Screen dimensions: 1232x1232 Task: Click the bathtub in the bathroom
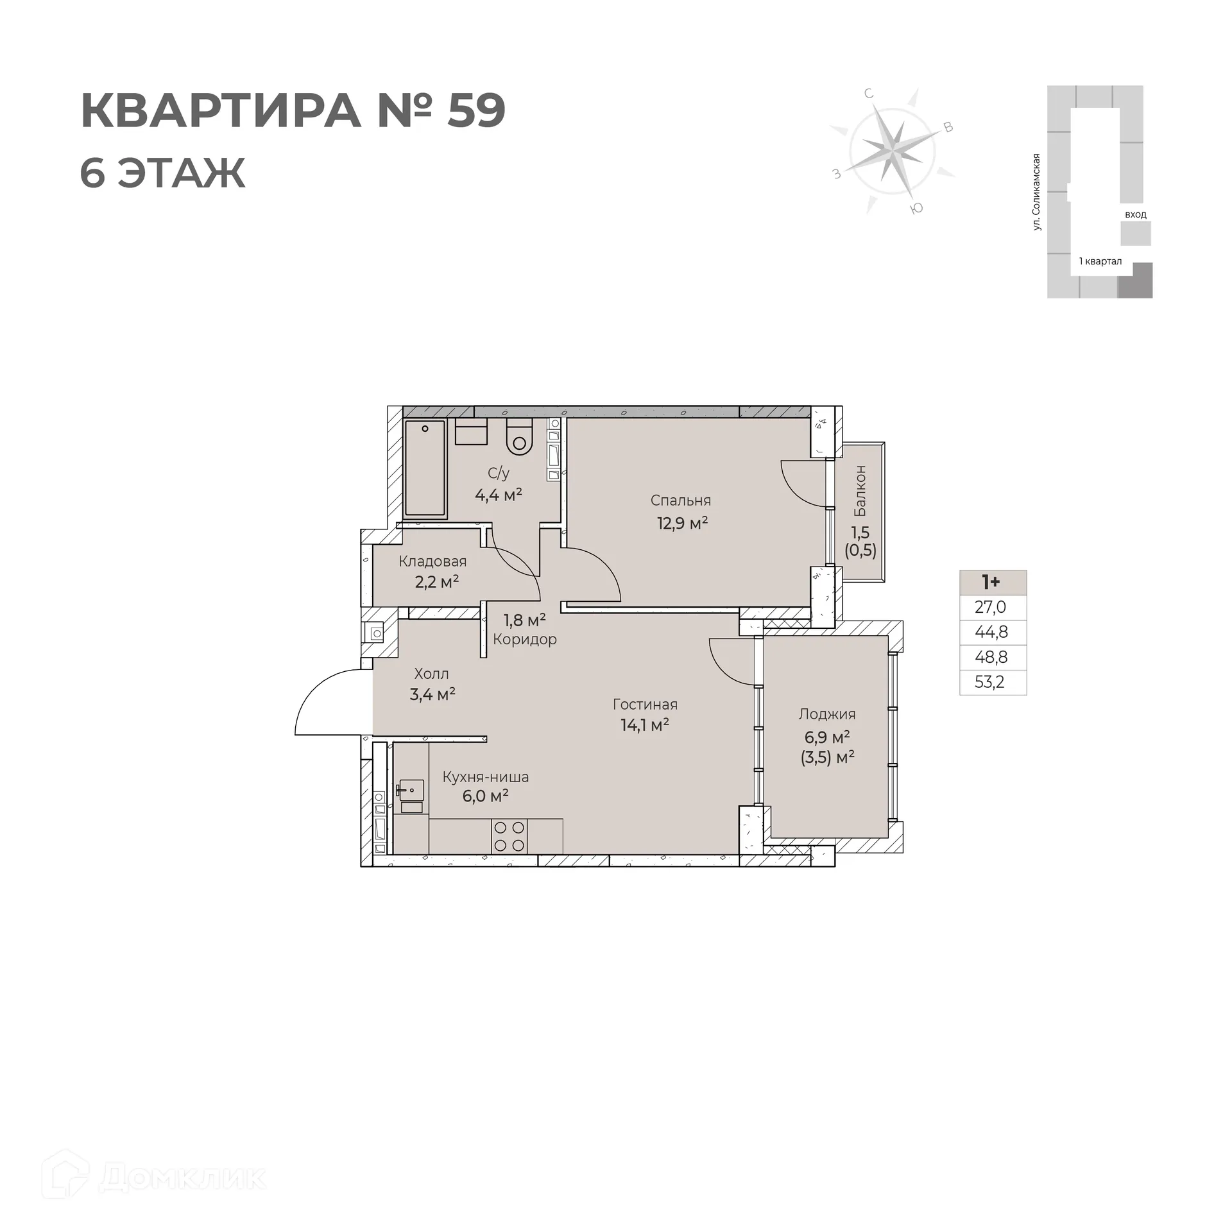click(x=425, y=468)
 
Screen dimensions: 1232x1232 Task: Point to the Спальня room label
click(x=680, y=501)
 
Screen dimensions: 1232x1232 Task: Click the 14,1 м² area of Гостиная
click(x=644, y=725)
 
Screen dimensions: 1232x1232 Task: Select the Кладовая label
click(x=432, y=561)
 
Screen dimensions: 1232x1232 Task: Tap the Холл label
click(x=431, y=674)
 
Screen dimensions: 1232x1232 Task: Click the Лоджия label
click(x=827, y=714)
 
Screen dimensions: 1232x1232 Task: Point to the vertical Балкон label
click(x=860, y=491)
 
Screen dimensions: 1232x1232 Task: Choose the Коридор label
click(x=525, y=639)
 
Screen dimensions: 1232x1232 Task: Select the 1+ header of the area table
click(x=991, y=582)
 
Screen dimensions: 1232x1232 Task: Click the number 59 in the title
click(x=476, y=110)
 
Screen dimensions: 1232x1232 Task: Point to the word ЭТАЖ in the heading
click(x=181, y=173)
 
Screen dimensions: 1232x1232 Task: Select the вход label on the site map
click(x=1135, y=214)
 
